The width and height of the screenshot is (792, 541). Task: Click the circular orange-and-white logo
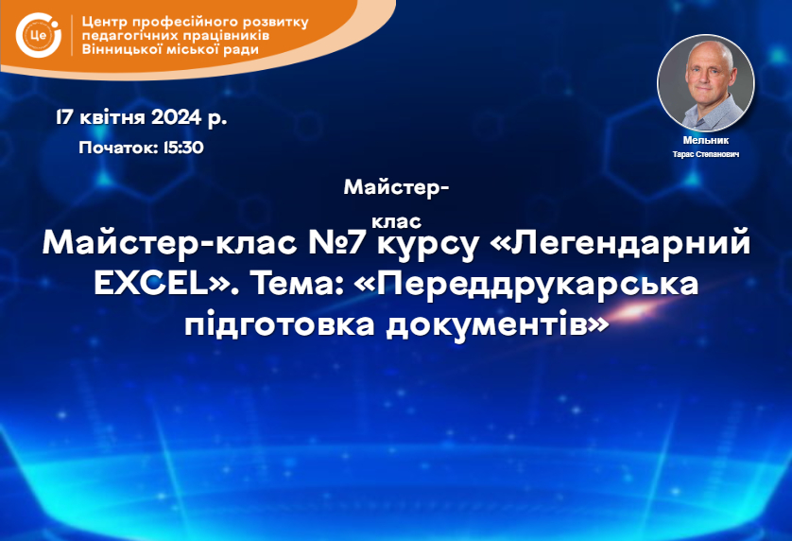(39, 35)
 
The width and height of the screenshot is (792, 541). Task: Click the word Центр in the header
(104, 23)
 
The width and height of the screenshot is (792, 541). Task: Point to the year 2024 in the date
(177, 117)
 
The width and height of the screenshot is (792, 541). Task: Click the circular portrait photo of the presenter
(706, 83)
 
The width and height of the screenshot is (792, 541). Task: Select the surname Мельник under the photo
(706, 140)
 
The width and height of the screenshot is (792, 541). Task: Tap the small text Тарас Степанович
(706, 154)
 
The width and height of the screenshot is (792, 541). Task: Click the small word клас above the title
(397, 222)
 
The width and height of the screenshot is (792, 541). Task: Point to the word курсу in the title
(427, 245)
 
